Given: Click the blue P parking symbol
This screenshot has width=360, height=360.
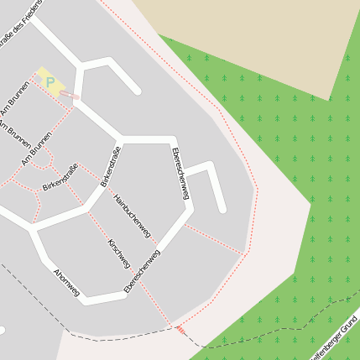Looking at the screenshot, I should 50,82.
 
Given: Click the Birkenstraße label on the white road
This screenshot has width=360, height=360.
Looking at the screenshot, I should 111,166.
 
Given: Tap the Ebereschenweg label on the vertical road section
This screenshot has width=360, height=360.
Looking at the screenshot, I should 179,174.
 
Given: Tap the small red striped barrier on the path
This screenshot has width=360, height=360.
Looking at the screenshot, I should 180,330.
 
